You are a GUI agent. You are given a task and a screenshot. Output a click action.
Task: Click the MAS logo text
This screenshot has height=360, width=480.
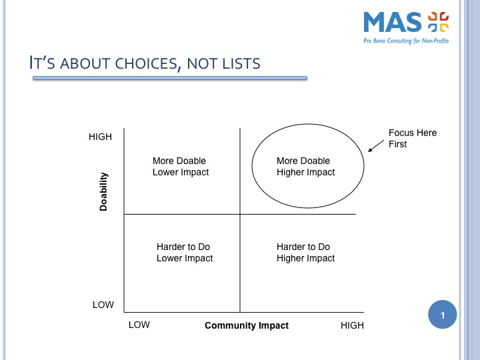click(393, 22)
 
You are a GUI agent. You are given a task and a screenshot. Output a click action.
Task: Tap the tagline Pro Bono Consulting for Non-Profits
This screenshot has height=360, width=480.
click(406, 41)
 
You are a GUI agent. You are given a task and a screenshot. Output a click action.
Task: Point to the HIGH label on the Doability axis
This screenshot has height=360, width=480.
click(100, 137)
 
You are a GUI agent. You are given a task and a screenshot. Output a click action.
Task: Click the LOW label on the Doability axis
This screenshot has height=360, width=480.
click(103, 305)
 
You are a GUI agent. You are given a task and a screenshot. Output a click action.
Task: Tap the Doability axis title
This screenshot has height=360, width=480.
click(103, 191)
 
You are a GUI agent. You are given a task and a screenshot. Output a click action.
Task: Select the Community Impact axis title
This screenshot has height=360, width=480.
click(247, 325)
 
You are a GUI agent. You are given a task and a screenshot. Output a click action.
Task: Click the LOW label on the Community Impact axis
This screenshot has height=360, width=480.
click(139, 325)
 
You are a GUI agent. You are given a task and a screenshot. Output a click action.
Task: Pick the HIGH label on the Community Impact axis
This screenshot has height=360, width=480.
click(353, 325)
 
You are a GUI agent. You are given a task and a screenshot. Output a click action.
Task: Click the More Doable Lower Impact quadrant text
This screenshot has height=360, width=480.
click(181, 167)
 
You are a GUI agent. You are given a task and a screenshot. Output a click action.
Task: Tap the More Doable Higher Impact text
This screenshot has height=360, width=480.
click(305, 167)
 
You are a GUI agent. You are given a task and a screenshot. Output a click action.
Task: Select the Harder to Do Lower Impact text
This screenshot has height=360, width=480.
click(185, 253)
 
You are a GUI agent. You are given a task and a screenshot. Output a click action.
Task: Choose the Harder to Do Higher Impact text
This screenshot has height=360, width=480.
click(305, 253)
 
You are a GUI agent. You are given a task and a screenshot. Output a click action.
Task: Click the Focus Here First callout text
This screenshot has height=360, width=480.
click(413, 139)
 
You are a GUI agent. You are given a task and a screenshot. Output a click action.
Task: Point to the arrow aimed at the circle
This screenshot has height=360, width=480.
click(376, 146)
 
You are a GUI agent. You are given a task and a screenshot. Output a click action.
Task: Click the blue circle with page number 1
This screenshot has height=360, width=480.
click(443, 315)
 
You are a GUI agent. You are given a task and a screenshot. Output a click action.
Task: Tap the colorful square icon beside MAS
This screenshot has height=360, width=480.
click(439, 22)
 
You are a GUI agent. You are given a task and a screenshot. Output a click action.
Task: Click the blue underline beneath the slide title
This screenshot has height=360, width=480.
click(170, 79)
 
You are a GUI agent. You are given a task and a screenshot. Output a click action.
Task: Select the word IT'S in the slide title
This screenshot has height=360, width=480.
click(42, 63)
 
